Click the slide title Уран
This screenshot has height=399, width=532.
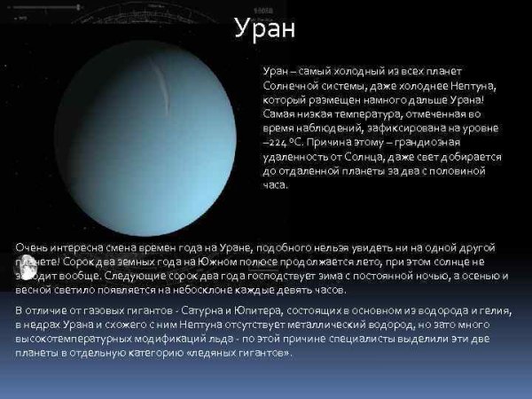coord(265,28)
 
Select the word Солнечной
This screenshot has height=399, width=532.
coord(299,85)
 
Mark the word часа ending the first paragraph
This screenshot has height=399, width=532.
coord(276,184)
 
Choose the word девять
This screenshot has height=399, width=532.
coord(292,290)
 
